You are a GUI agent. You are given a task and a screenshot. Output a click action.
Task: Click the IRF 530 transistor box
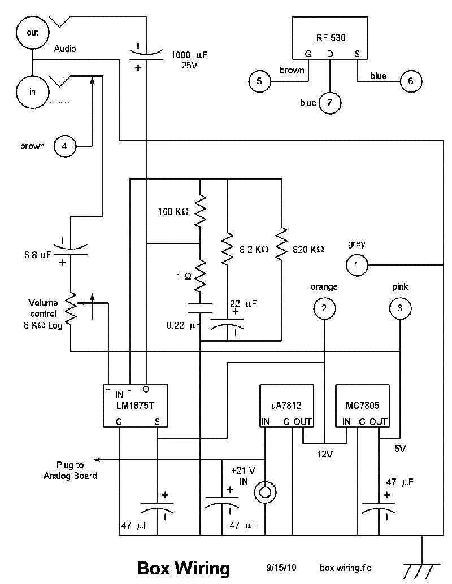pos(329,38)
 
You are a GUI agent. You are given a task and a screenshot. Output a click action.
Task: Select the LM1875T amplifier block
pos(135,405)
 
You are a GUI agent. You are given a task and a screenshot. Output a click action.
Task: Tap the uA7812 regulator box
pos(286,405)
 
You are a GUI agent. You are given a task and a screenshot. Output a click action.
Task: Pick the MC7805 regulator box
pos(362,405)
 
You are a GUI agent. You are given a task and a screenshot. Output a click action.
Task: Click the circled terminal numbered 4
pos(64,146)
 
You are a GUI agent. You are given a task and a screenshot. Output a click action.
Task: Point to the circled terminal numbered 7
pos(329,103)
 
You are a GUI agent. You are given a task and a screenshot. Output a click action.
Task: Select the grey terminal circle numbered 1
pos(357,264)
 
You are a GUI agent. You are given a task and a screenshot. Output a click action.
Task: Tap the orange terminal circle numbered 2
pos(324,308)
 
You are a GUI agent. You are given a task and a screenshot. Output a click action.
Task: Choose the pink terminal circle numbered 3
pos(399,308)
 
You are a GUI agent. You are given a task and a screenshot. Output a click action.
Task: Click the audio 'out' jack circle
pos(33,33)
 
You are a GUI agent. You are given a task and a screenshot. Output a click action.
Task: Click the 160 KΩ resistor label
pos(173,212)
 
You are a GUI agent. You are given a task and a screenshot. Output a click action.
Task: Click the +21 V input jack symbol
pos(264,492)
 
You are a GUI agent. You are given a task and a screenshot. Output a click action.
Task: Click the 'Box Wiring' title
pos(184,568)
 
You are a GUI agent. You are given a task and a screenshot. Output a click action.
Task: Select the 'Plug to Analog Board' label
pos(70,470)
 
